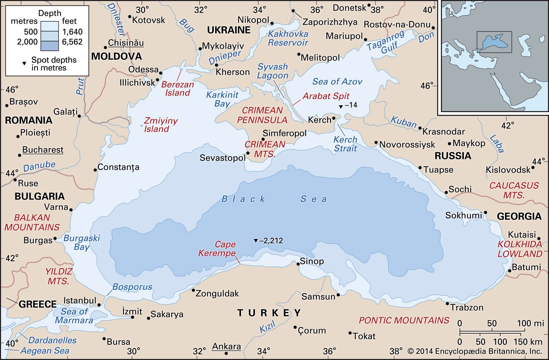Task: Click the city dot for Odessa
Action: (x=161, y=73)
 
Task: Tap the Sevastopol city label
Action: (x=222, y=158)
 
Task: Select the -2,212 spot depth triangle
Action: (x=256, y=241)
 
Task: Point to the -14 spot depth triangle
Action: (x=341, y=107)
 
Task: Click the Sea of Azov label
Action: (x=337, y=82)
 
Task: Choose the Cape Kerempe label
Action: (x=217, y=249)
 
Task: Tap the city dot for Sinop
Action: (x=298, y=264)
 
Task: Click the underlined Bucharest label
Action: (x=43, y=150)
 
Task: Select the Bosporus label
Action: (x=132, y=287)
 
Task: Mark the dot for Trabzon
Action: (x=447, y=303)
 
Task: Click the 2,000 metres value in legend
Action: (x=27, y=42)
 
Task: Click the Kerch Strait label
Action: (x=345, y=144)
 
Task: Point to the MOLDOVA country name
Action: (x=116, y=57)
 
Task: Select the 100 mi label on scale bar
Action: (x=530, y=323)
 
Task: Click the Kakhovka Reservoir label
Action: (x=288, y=38)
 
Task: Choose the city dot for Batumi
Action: (x=510, y=271)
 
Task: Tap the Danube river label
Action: (x=39, y=166)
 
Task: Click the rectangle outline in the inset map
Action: (x=494, y=32)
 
